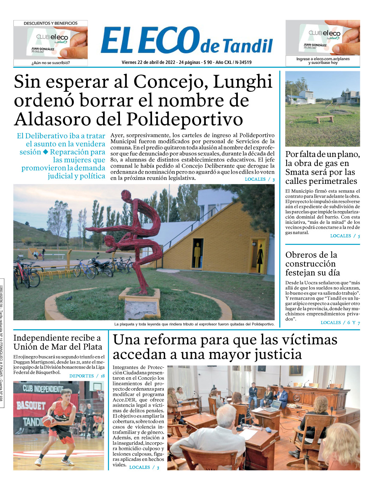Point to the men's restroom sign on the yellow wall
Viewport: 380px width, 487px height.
point(198,254)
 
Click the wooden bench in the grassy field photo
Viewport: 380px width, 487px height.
point(324,119)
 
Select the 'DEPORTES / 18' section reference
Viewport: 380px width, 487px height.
point(87,376)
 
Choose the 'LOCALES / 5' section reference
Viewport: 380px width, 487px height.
point(345,236)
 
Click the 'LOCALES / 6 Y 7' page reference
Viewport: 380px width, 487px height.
point(340,323)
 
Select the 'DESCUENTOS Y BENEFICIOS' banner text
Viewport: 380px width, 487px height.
point(50,23)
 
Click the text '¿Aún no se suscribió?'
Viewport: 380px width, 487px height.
point(50,63)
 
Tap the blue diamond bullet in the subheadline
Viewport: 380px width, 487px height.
point(46,152)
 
